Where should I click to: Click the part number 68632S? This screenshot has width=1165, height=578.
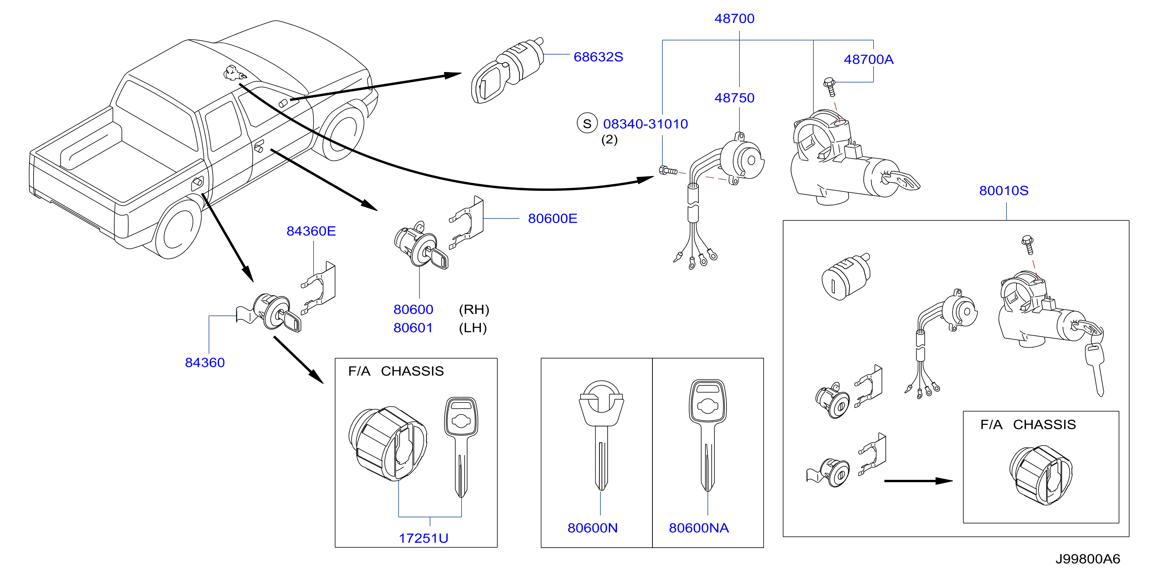[x=598, y=57]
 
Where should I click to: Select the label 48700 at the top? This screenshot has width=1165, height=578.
[x=734, y=19]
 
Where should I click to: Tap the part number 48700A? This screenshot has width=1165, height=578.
[x=868, y=59]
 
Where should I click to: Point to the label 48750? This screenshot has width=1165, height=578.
[x=734, y=98]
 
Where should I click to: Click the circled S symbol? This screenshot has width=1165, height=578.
[x=587, y=123]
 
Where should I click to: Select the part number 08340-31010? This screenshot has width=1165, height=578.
[x=645, y=124]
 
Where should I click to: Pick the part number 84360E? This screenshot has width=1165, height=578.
[x=311, y=231]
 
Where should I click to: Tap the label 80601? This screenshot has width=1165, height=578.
[x=413, y=328]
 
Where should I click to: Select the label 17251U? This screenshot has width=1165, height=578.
[x=423, y=538]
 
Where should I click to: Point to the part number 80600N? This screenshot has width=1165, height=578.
[x=592, y=528]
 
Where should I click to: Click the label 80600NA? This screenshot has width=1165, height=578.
[x=699, y=528]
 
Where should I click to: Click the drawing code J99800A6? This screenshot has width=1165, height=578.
[x=1088, y=559]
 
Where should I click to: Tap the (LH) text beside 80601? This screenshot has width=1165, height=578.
[x=473, y=328]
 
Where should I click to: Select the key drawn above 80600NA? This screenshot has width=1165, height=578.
[x=708, y=435]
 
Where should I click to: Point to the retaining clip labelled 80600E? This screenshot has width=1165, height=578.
[x=466, y=222]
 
